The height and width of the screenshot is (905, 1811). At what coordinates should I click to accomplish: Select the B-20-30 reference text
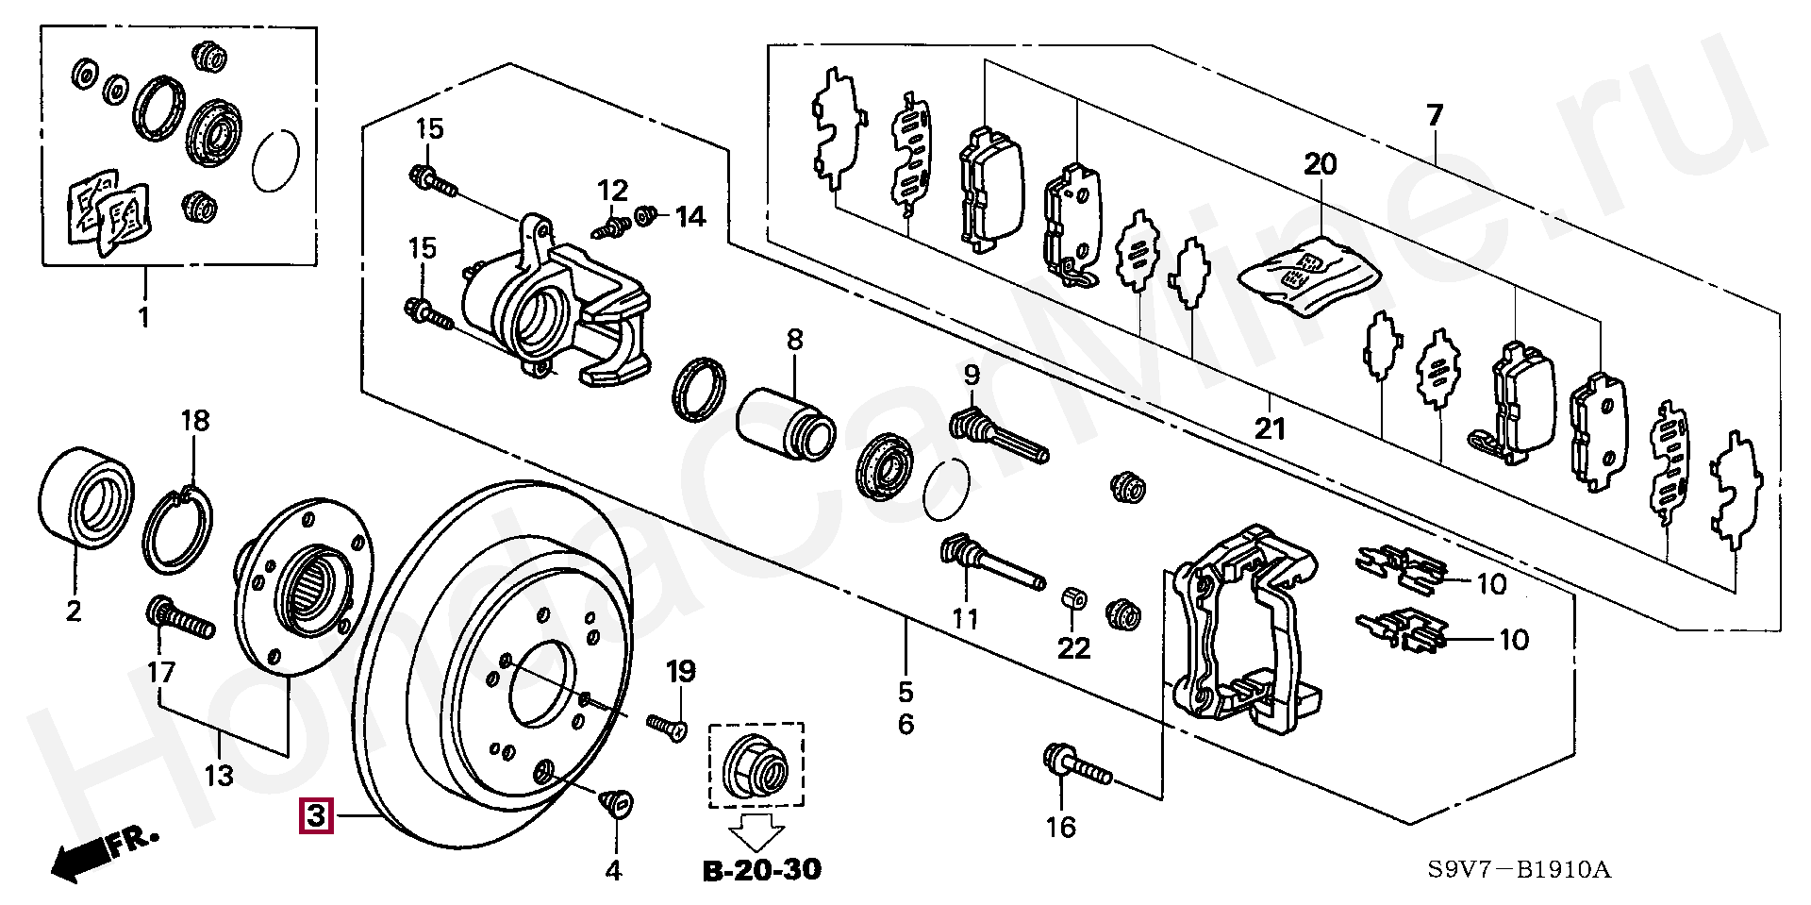(762, 868)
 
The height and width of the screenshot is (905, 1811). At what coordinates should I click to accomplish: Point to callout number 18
(195, 420)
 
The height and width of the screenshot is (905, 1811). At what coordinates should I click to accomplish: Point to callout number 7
(1434, 117)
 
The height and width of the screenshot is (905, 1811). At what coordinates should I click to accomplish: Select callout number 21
(1271, 428)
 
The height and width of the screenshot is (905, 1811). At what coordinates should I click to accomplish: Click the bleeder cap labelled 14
(646, 216)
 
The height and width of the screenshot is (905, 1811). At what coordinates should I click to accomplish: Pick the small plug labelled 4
(615, 803)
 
